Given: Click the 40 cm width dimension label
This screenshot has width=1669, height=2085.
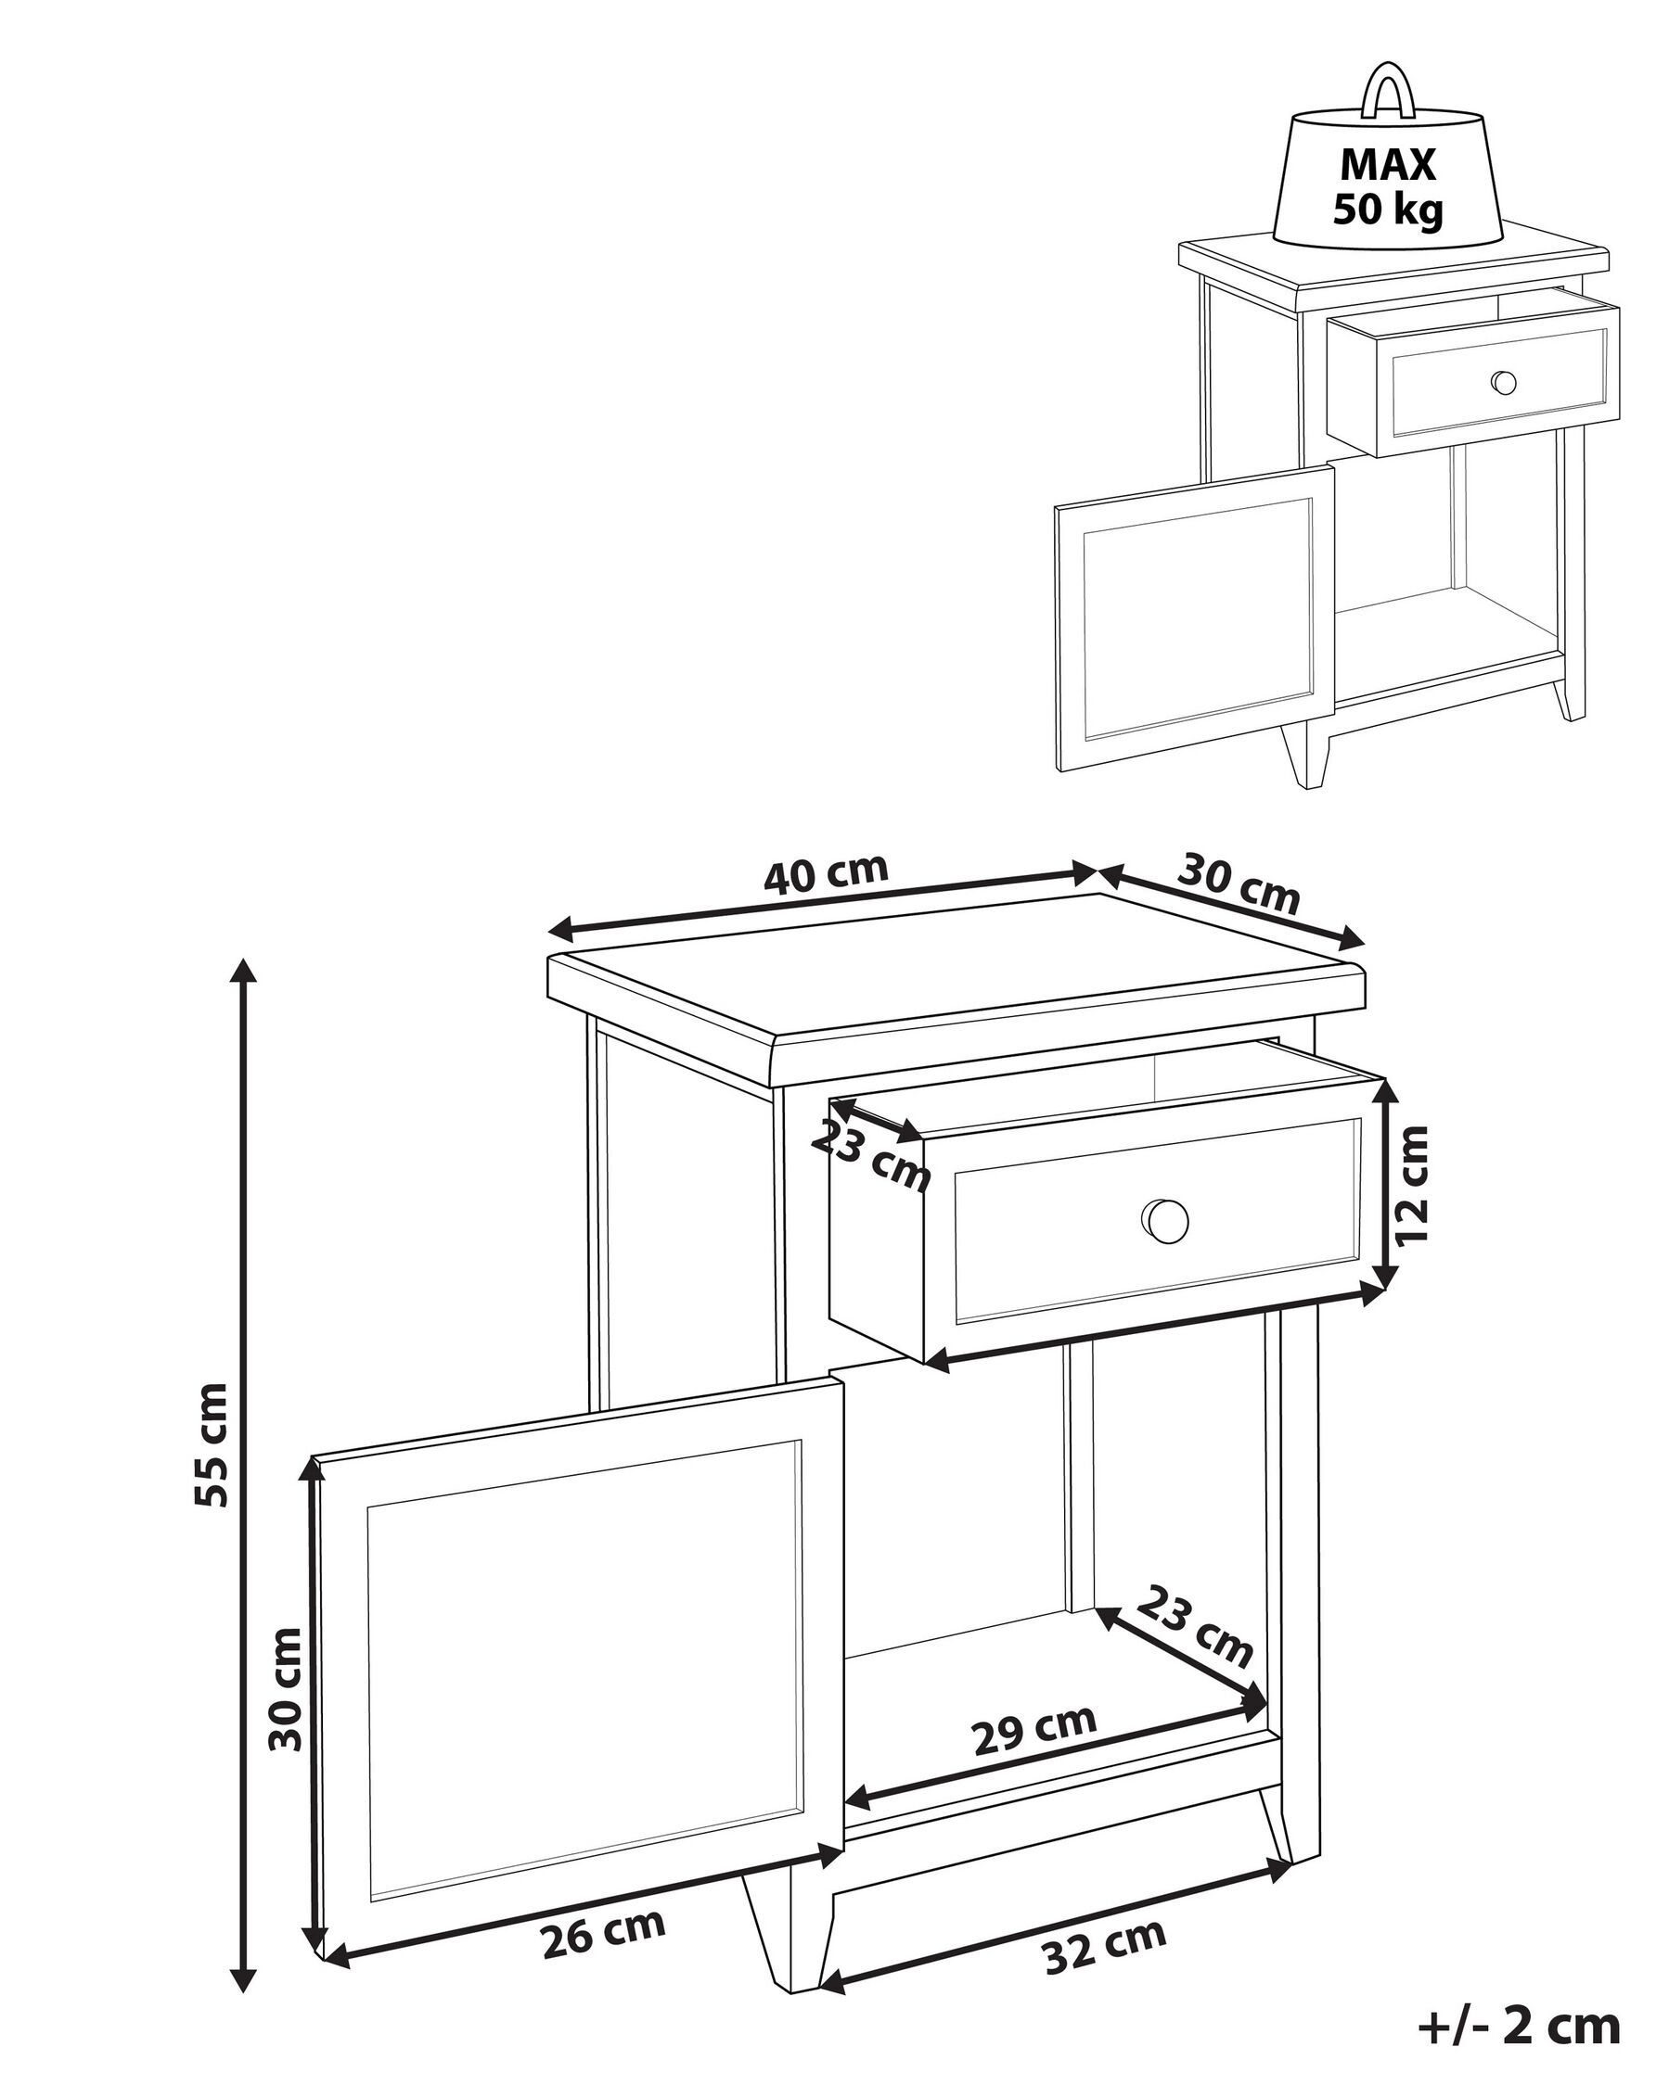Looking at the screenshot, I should tap(826, 872).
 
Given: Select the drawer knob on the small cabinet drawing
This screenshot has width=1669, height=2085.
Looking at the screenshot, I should tap(1504, 382).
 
